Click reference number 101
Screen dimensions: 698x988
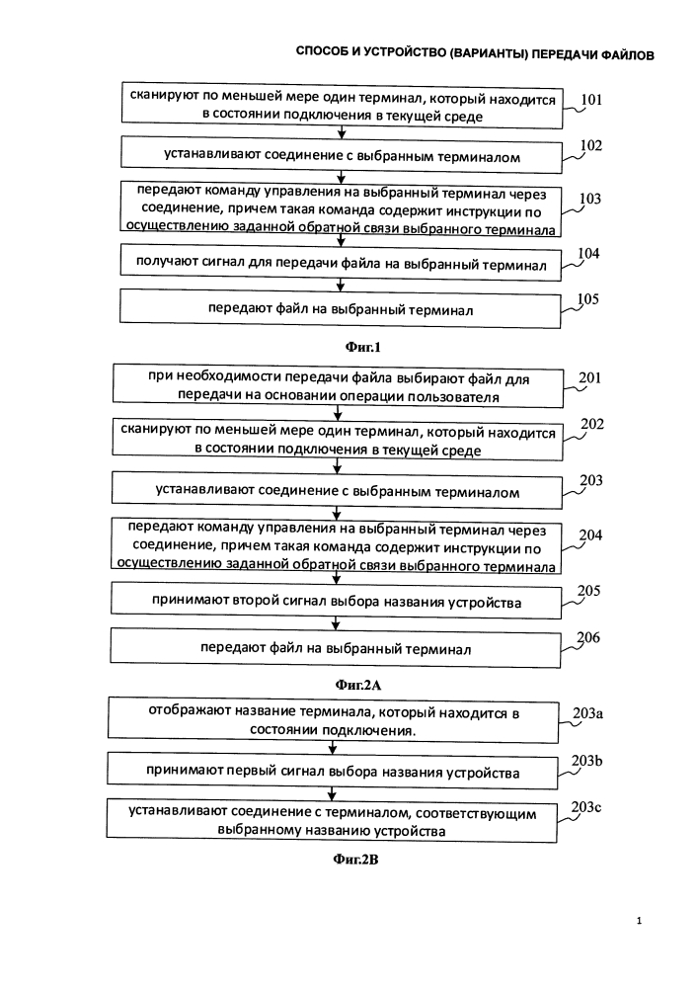591,100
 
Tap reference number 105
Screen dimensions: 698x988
587,298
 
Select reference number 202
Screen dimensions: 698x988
591,424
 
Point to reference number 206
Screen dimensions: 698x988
588,637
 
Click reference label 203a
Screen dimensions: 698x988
587,713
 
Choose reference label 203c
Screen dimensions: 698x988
586,806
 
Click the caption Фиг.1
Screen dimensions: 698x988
363,347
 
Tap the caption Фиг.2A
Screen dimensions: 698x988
357,685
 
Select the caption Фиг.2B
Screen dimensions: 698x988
355,859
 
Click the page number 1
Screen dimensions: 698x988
640,921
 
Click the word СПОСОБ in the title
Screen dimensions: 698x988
321,51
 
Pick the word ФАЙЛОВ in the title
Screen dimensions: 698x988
627,55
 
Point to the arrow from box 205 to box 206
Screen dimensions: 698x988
336,622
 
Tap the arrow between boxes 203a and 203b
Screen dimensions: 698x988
333,747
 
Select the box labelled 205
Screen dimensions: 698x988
336,601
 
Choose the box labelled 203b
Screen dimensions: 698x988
333,771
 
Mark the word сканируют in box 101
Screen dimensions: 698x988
161,95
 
